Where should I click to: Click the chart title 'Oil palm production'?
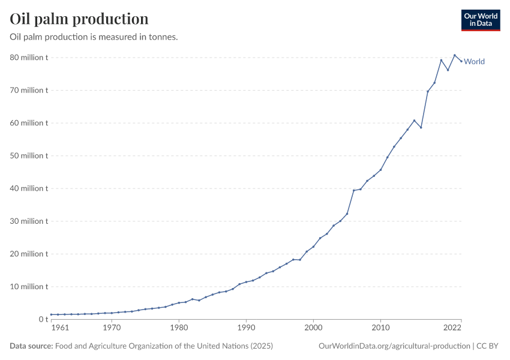[x=79, y=19]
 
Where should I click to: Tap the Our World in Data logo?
[x=480, y=20]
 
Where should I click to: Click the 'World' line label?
[x=474, y=61]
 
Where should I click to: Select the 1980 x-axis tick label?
[x=179, y=328]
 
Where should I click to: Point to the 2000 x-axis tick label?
[x=313, y=328]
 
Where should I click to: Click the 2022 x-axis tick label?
[x=452, y=328]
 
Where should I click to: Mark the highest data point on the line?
[x=455, y=55]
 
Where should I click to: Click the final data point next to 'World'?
[x=461, y=61]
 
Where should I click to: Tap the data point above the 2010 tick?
[x=380, y=170]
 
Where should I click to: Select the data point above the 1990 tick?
[x=246, y=282]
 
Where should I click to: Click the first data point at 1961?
[x=52, y=314]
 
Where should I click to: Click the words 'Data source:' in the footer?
[x=31, y=346]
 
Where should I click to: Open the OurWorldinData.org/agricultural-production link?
[x=394, y=346]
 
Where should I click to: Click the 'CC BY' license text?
[x=487, y=346]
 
